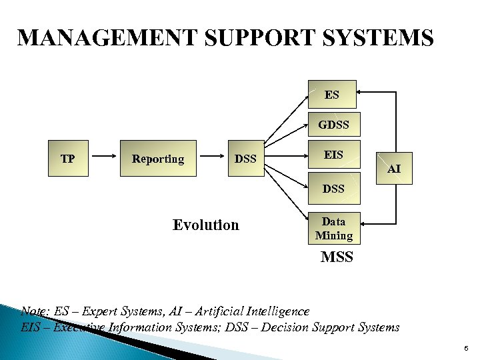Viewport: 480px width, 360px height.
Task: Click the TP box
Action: tap(68, 159)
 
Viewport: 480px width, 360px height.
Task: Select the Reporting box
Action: tap(158, 159)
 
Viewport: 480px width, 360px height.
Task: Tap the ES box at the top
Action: tap(332, 95)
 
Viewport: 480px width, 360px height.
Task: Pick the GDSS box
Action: tap(333, 125)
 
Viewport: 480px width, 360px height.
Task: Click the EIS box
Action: tap(333, 155)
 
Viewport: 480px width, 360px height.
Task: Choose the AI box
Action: tap(395, 169)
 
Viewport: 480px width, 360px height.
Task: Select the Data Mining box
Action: tap(333, 228)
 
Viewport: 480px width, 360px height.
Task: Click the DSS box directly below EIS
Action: tap(333, 189)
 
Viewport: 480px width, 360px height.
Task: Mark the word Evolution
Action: tap(205, 225)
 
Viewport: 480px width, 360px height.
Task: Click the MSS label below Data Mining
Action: tap(337, 257)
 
